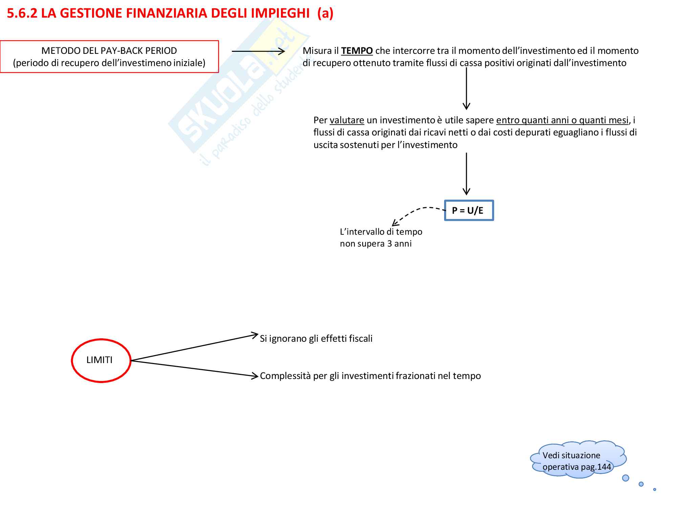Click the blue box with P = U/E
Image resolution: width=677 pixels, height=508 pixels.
click(x=469, y=210)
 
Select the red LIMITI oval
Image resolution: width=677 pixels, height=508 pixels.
click(x=101, y=360)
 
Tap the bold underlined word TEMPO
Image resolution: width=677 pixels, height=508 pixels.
click(x=357, y=51)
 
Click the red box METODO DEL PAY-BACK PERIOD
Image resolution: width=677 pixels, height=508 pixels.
click(x=109, y=57)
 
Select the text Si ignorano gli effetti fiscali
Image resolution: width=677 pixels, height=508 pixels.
click(x=316, y=339)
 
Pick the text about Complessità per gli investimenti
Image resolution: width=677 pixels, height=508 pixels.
click(x=370, y=376)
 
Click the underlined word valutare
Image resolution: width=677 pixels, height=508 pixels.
click(x=347, y=120)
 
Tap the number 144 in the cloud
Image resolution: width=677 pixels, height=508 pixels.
click(x=604, y=467)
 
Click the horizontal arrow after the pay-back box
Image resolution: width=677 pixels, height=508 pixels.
click(x=258, y=51)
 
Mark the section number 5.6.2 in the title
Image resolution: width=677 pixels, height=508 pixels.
click(x=22, y=13)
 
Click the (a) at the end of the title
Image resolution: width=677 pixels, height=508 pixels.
click(x=325, y=13)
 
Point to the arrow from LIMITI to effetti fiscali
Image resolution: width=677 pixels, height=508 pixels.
click(x=195, y=347)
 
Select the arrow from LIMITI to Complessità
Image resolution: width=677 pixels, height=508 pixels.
click(x=195, y=368)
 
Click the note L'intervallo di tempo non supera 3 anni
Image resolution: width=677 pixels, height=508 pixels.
click(x=381, y=238)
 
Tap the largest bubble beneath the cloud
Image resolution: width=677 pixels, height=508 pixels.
click(x=626, y=478)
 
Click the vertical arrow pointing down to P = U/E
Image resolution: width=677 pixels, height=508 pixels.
click(x=466, y=173)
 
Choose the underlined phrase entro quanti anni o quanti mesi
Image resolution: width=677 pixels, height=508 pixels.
click(x=562, y=120)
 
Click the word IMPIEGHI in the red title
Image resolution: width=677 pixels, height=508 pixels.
click(x=280, y=13)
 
